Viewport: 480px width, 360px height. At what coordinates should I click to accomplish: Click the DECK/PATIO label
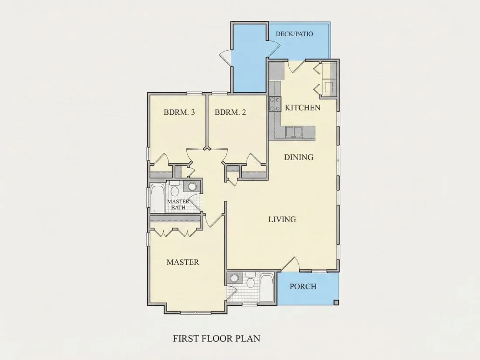[294, 34]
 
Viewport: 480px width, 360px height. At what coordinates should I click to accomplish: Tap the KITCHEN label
[302, 107]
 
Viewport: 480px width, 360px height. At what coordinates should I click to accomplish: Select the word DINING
[298, 157]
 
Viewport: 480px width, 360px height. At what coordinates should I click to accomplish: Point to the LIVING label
[282, 219]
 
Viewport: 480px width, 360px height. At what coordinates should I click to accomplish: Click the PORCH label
[303, 287]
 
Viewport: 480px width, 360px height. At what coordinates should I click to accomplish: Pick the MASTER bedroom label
[183, 262]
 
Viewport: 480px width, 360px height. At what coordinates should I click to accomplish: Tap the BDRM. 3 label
[179, 112]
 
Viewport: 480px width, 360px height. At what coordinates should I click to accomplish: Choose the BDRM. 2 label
[230, 112]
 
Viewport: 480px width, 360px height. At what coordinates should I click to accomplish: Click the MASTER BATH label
[178, 205]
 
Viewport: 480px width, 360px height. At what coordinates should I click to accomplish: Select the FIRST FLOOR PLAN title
[217, 338]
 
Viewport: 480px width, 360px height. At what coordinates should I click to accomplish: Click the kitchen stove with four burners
[275, 104]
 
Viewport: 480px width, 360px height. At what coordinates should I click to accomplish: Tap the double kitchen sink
[294, 132]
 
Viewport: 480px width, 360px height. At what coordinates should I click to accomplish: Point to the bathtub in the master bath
[158, 198]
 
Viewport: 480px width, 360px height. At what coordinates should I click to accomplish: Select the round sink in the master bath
[192, 186]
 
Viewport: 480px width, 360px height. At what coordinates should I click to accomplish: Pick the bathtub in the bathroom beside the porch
[267, 288]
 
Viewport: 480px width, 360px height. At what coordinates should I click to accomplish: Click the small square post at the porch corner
[336, 303]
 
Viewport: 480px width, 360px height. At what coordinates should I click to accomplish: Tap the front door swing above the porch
[290, 264]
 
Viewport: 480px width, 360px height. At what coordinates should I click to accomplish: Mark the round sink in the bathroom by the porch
[234, 278]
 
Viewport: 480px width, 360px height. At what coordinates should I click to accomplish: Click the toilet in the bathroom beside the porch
[250, 281]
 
